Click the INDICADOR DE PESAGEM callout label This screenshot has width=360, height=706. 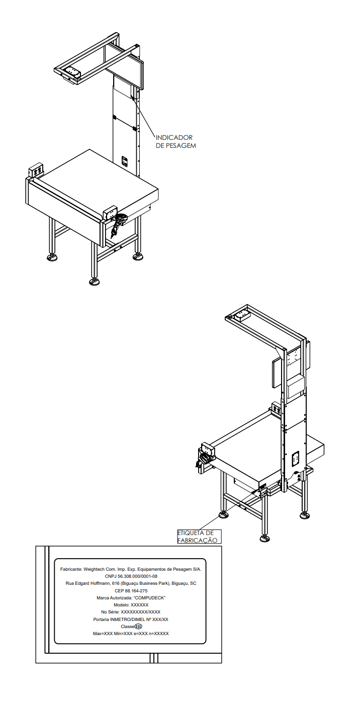(176, 141)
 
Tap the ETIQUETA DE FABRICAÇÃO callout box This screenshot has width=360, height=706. (199, 537)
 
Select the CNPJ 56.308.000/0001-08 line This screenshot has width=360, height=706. (131, 576)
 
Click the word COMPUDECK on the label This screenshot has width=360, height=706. (150, 598)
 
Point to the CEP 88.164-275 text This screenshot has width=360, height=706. (131, 591)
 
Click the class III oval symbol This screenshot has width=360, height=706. (138, 627)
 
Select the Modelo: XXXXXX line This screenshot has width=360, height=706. (131, 605)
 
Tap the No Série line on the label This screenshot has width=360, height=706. (131, 612)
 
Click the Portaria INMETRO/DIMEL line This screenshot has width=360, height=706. (131, 620)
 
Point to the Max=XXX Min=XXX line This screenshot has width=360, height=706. (131, 634)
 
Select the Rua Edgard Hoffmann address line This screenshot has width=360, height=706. (131, 583)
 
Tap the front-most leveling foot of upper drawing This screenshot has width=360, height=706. (94, 282)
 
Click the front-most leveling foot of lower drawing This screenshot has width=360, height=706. (264, 539)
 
